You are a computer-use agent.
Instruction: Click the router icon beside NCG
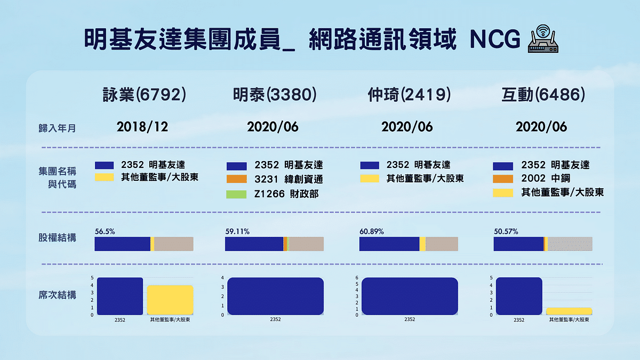click(541, 39)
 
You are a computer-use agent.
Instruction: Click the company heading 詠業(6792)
click(144, 95)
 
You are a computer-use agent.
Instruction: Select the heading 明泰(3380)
click(275, 95)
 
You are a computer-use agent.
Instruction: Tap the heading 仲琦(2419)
click(409, 95)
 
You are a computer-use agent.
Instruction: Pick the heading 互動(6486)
click(543, 95)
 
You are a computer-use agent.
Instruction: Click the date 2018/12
click(142, 127)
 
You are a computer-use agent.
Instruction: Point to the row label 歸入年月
click(57, 128)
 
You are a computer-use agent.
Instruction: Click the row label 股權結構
click(57, 237)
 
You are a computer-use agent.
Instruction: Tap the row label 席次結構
click(57, 295)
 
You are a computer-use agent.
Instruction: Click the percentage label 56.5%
click(105, 232)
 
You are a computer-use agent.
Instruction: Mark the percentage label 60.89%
click(371, 232)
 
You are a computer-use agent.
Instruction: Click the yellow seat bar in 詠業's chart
click(170, 300)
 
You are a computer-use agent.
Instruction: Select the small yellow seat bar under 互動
click(569, 311)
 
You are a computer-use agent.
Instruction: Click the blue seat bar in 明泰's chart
click(275, 297)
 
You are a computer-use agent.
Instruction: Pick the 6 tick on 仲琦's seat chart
click(357, 278)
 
